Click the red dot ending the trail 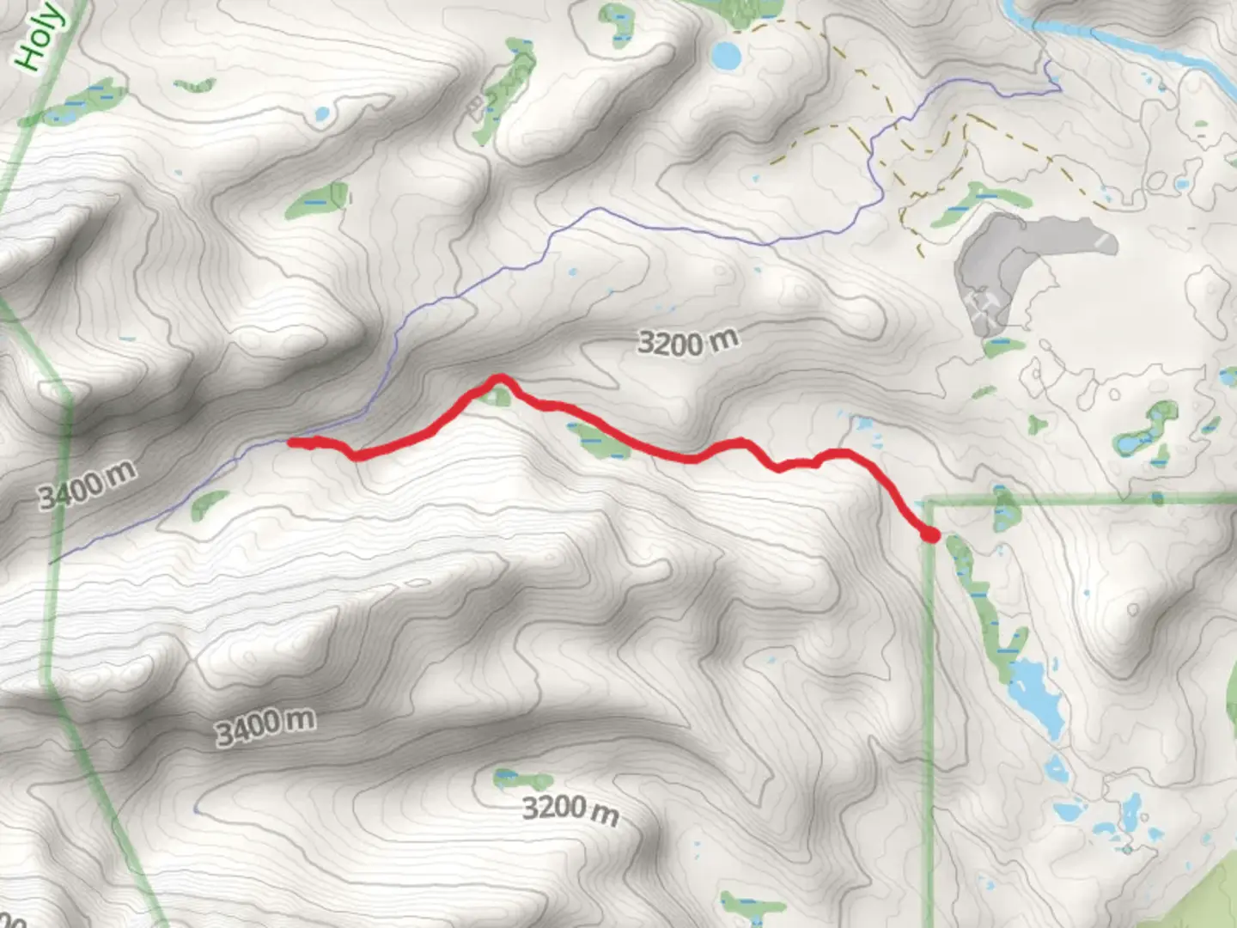pyautogui.click(x=930, y=535)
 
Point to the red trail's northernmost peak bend pyautogui.click(x=498, y=378)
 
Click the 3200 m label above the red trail pyautogui.click(x=687, y=342)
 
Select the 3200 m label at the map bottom pyautogui.click(x=570, y=809)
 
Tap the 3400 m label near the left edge pyautogui.click(x=87, y=485)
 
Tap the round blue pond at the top pyautogui.click(x=726, y=57)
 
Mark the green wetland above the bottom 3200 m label pyautogui.click(x=523, y=780)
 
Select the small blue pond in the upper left pyautogui.click(x=321, y=113)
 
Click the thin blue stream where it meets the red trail pyautogui.click(x=292, y=441)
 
